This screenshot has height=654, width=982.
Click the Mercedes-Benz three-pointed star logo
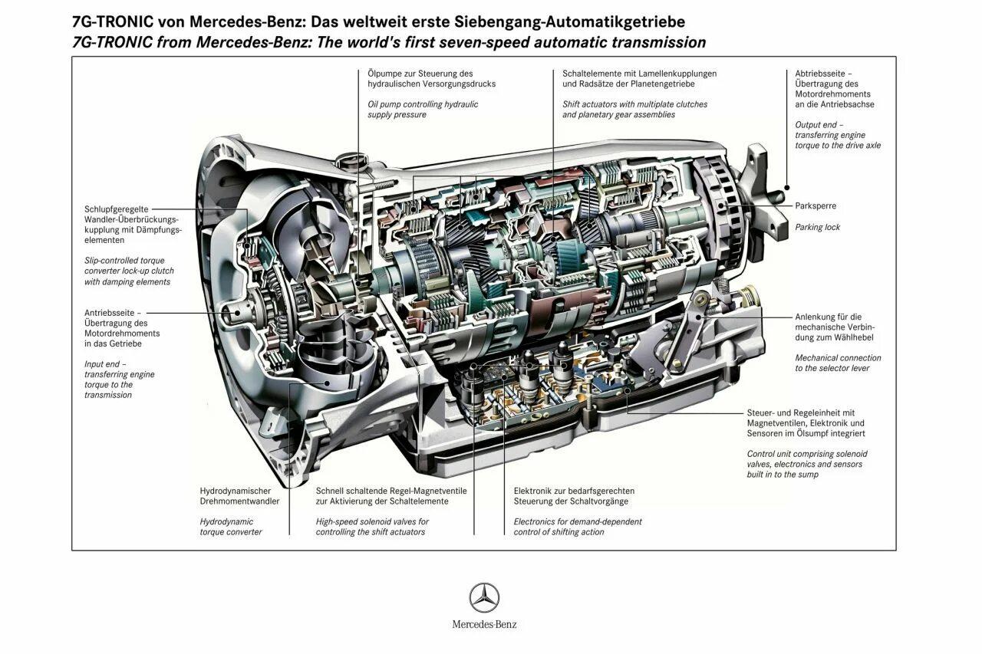click(484, 598)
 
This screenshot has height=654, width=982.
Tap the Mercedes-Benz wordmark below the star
click(484, 624)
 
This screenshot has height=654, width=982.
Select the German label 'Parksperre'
click(816, 206)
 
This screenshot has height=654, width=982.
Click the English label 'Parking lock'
click(817, 227)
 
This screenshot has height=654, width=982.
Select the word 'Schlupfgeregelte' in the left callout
click(117, 209)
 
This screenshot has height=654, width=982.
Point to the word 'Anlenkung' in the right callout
click(816, 316)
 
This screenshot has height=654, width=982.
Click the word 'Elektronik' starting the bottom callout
click(534, 491)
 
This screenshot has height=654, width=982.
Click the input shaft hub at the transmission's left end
click(237, 314)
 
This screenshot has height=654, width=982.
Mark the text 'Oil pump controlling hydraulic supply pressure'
click(422, 110)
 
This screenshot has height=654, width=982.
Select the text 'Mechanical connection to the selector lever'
click(838, 363)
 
